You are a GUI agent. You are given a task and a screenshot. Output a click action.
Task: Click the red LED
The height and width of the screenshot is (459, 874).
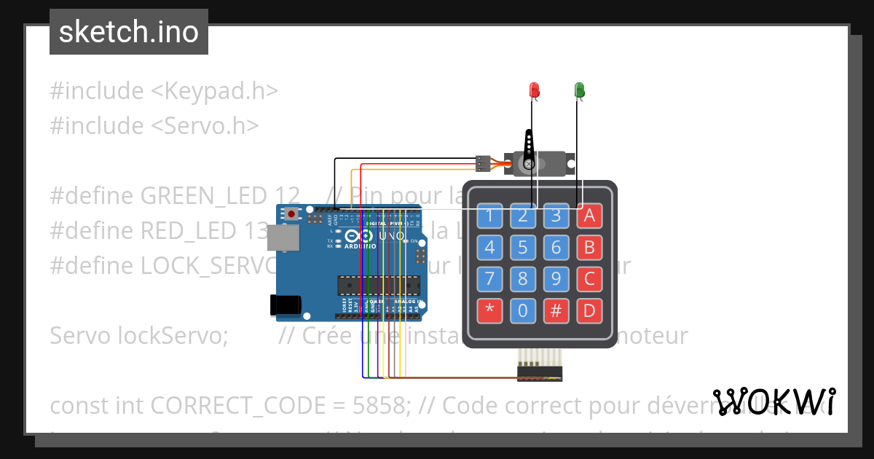[x=534, y=90]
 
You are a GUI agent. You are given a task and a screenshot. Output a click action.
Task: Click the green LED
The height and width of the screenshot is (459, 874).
[x=580, y=90]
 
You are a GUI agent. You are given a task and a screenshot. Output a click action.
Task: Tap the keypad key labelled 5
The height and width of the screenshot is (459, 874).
[x=522, y=248]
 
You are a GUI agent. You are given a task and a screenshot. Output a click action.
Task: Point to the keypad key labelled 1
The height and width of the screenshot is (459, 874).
[x=489, y=216]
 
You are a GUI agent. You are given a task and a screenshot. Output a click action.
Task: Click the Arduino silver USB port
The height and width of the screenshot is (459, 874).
[x=282, y=238]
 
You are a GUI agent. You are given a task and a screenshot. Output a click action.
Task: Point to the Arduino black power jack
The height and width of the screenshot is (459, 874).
[x=285, y=305]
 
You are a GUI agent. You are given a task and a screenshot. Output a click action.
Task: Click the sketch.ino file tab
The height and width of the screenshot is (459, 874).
[x=129, y=32]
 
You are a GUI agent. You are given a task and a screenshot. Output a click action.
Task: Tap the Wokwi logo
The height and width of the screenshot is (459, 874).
[x=774, y=401]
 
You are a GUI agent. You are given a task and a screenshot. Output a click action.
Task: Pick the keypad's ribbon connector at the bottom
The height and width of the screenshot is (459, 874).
[x=540, y=372]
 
